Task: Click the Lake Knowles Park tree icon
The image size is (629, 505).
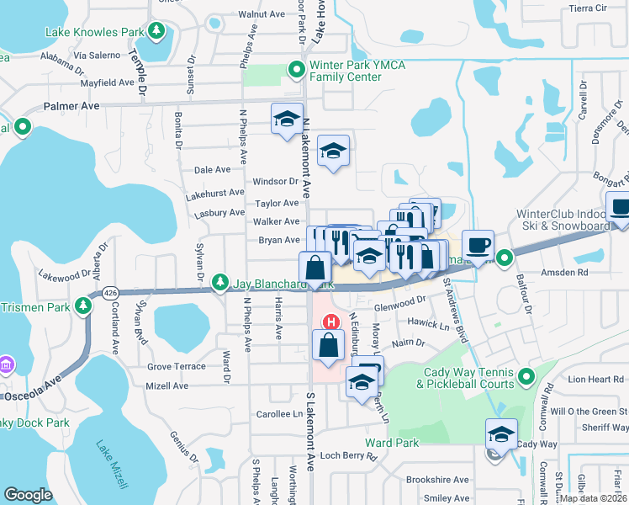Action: (156, 31)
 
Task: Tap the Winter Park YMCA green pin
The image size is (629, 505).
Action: (296, 69)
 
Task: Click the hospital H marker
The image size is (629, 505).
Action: (332, 322)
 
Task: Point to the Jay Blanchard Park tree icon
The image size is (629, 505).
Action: (220, 280)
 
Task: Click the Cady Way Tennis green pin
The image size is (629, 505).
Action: (526, 375)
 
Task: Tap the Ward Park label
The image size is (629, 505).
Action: (391, 443)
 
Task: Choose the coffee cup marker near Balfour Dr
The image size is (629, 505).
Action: (478, 245)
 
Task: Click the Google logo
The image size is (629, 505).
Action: (28, 495)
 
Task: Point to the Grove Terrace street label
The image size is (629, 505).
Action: (177, 367)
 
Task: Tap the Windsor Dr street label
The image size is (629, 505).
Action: (276, 181)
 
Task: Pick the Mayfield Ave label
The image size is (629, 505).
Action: (108, 83)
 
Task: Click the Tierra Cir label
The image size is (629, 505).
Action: (588, 8)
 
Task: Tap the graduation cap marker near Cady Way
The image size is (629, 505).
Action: (502, 433)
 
